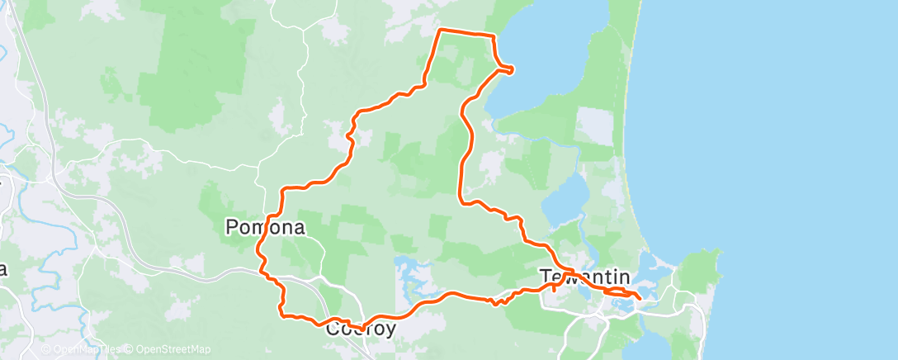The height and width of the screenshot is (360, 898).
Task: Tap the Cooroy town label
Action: point(361,329)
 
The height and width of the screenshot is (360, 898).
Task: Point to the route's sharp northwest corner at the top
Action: point(439,31)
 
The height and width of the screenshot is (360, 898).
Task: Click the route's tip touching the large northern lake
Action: point(512,69)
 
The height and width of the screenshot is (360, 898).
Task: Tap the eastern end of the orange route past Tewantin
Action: point(640,297)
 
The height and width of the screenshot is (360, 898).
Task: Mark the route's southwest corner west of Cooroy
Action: point(282,315)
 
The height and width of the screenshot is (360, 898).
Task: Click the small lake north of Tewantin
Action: point(569,198)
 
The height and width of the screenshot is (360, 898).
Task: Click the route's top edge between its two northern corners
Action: point(467,33)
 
